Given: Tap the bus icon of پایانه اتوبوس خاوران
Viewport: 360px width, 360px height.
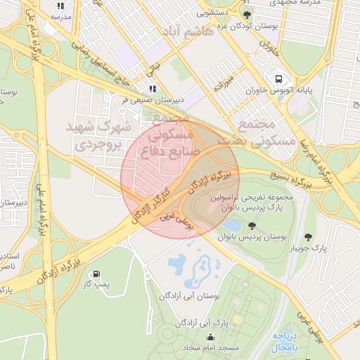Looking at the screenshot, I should tap(280, 79).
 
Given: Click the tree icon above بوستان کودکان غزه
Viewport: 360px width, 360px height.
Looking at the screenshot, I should tap(245, 15).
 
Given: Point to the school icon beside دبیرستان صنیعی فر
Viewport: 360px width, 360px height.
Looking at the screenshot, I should tap(152, 89).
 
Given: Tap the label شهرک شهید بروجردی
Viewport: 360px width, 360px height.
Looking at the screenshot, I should tap(98, 136).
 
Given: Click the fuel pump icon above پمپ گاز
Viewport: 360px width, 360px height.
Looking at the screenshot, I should tap(96, 274).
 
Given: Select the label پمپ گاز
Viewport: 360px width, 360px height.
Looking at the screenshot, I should tap(94, 285).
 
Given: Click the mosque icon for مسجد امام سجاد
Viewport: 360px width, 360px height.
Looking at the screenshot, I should tap(210, 337).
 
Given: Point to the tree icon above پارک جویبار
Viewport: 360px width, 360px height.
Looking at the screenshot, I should tap(307, 237).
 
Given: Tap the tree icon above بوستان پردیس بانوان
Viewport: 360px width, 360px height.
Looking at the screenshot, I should tap(252, 226).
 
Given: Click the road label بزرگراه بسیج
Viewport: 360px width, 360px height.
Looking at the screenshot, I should tap(289, 179).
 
